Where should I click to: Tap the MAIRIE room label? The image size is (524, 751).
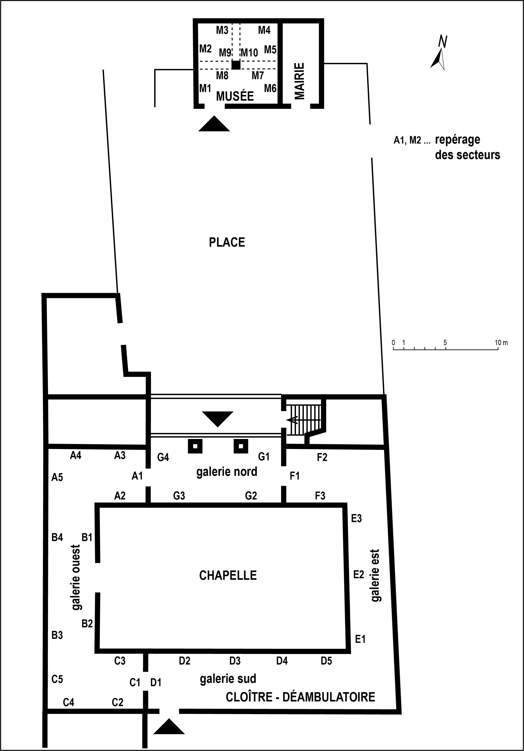(x=299, y=81)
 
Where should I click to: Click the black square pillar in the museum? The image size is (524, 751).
(x=236, y=65)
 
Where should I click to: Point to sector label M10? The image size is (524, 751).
(x=249, y=52)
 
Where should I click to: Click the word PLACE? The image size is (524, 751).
(x=227, y=242)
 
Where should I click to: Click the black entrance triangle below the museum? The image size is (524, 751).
(x=214, y=124)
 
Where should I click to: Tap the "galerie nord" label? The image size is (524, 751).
(x=227, y=472)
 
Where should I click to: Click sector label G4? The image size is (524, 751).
(x=163, y=457)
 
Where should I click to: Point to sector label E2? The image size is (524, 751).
(x=359, y=574)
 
